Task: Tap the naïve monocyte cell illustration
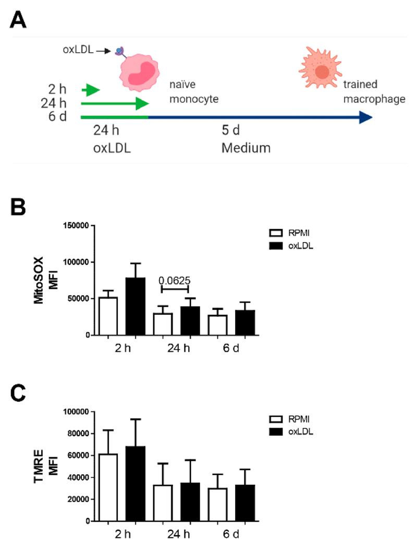click(x=139, y=72)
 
